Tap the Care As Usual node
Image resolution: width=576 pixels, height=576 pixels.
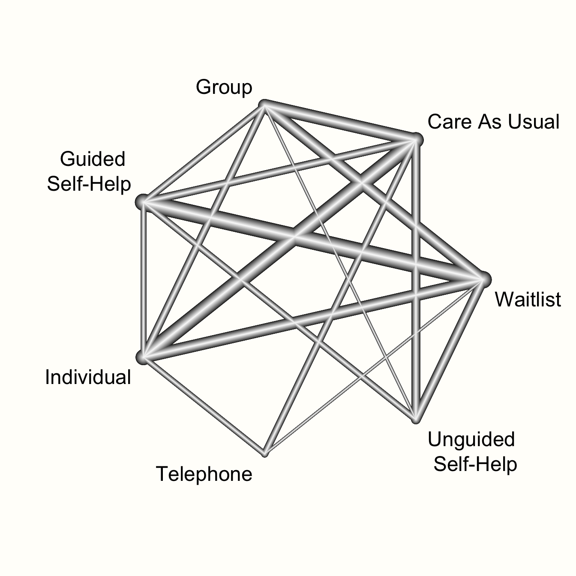pyautogui.click(x=415, y=139)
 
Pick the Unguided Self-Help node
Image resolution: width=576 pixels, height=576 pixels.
pyautogui.click(x=415, y=419)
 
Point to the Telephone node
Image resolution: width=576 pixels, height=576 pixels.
pyautogui.click(x=264, y=453)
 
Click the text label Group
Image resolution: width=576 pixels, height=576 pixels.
pyautogui.click(x=224, y=87)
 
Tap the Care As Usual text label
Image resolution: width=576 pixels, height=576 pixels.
pyautogui.click(x=493, y=122)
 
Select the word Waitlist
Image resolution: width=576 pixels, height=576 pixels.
pyautogui.click(x=528, y=299)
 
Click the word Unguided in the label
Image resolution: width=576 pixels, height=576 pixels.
pyautogui.click(x=471, y=439)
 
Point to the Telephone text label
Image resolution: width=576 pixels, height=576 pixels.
pyautogui.click(x=204, y=474)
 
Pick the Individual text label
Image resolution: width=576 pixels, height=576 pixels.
pyautogui.click(x=88, y=378)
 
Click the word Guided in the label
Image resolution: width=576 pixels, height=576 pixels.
pyautogui.click(x=92, y=159)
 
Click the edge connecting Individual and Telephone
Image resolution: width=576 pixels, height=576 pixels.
pyautogui.click(x=204, y=405)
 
